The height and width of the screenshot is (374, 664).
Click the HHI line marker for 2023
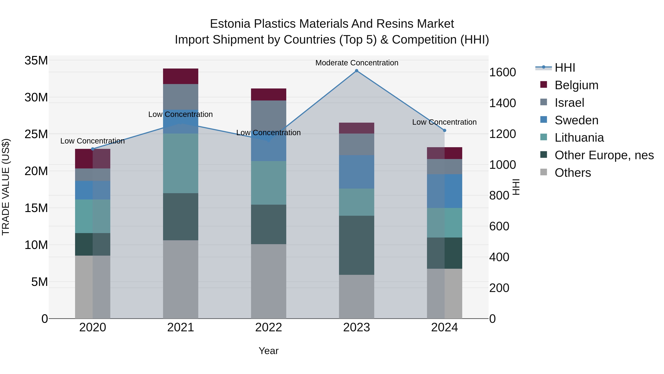357,71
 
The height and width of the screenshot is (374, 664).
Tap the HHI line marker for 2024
444,131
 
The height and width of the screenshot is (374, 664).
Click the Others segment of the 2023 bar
357,297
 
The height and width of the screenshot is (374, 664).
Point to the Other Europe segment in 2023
357,245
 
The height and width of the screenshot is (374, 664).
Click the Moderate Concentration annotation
357,63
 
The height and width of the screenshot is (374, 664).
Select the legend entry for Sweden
576,120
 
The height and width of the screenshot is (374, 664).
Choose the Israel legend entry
569,103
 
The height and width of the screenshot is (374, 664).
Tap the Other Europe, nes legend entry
604,155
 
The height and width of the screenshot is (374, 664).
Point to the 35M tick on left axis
36,61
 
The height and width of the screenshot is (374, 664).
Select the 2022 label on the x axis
269,327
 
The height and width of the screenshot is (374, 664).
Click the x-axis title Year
269,351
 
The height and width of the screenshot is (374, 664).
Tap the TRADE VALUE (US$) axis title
6,187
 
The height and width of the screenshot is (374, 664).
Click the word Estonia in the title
230,24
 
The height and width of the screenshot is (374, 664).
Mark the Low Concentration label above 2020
93,141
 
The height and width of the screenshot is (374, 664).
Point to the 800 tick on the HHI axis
499,195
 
